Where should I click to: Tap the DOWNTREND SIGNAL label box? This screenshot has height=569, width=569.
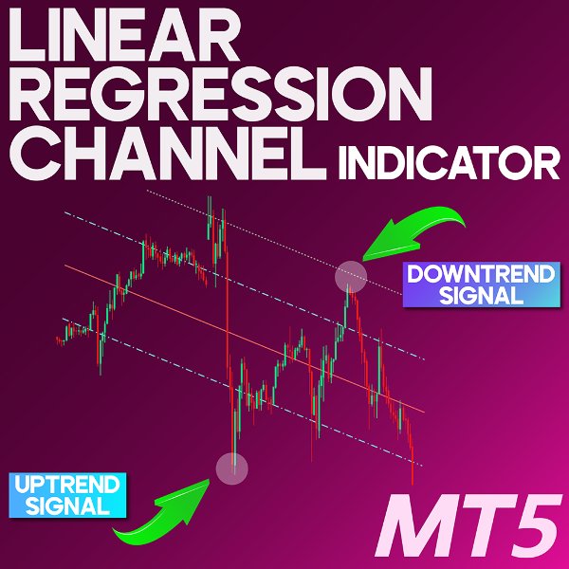coord(480,284)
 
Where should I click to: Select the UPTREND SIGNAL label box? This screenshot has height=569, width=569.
coord(66,495)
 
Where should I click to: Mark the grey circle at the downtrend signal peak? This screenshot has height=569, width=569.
coord(350,274)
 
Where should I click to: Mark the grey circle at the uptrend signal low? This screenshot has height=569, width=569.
coord(232,467)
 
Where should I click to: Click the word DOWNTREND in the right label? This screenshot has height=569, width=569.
coord(480,274)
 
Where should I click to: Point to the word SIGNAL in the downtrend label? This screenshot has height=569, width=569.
coord(481,295)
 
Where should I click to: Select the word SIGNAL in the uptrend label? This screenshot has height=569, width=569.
coord(66,505)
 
